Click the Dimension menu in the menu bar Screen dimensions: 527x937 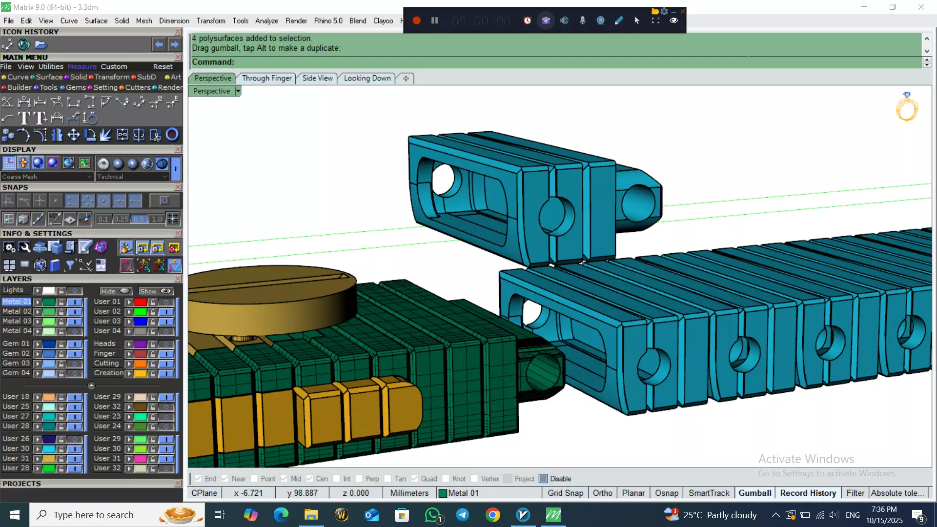174,20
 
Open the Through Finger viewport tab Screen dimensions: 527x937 266,78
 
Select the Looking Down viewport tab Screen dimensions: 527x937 367,78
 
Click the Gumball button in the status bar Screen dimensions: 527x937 754,493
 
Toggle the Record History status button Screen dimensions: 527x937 808,493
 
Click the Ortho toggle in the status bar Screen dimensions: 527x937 602,493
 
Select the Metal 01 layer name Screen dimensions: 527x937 16,302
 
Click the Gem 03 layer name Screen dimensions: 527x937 16,363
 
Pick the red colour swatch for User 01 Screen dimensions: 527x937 141,302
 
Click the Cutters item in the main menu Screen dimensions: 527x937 138,87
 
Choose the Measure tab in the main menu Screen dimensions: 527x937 82,67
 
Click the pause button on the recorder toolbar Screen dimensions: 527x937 434,20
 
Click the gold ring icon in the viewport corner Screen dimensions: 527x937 907,107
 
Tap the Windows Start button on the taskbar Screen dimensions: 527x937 14,515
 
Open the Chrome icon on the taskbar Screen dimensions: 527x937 492,515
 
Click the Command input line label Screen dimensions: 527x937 213,62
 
